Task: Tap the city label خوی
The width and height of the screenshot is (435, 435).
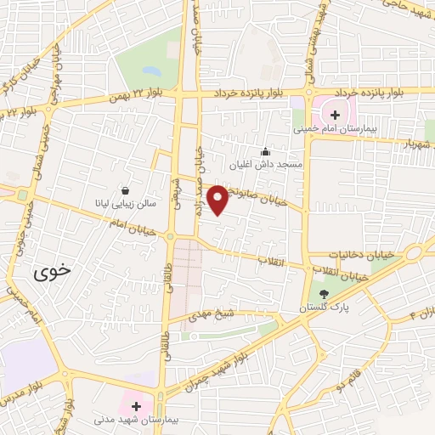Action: click(53, 273)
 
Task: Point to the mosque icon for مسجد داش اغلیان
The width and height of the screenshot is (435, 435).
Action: click(265, 151)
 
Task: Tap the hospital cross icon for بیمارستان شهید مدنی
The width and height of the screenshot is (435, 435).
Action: click(135, 406)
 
